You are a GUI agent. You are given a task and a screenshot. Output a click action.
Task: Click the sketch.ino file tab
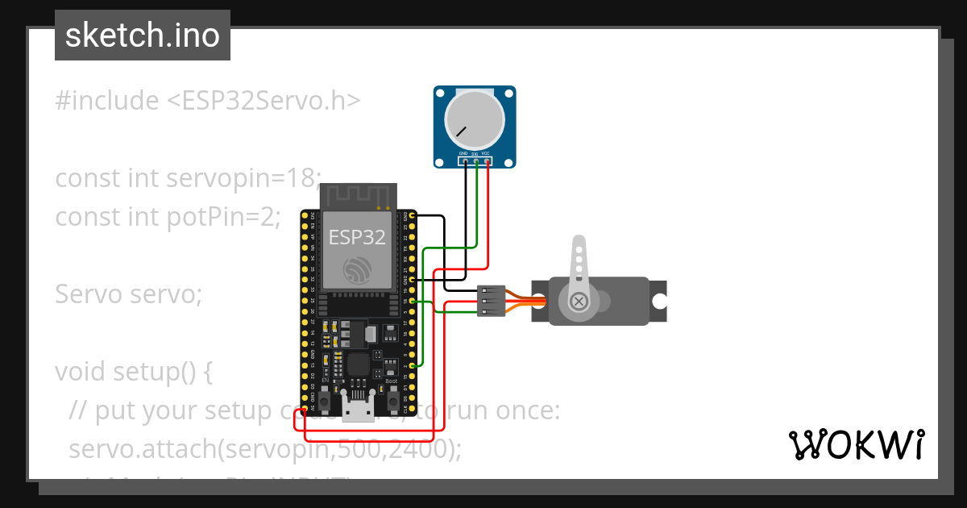(x=142, y=35)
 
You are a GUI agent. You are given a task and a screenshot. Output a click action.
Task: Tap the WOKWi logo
(x=856, y=444)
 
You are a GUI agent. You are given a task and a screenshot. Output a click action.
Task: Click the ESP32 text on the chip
(x=357, y=237)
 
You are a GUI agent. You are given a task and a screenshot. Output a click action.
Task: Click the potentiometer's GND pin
(x=465, y=161)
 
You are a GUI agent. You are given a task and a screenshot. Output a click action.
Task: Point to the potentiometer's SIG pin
(x=476, y=161)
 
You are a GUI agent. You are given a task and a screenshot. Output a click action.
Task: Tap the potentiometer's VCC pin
(x=488, y=161)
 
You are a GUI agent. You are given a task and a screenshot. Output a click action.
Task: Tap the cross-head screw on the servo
(x=578, y=302)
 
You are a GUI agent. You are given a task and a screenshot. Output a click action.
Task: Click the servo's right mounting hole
(x=659, y=302)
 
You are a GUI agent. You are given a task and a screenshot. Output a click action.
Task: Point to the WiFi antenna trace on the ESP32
(x=359, y=196)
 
